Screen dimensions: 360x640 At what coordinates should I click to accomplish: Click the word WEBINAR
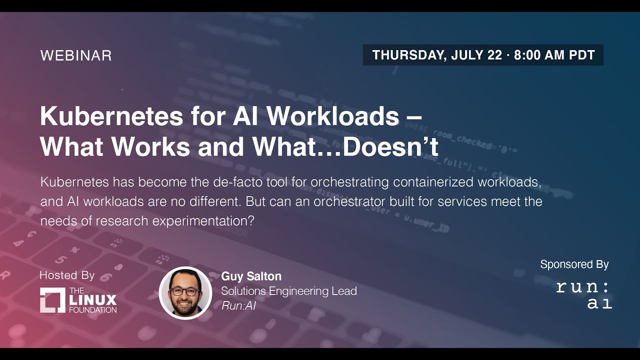76,55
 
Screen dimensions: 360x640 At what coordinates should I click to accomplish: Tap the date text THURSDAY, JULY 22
437,55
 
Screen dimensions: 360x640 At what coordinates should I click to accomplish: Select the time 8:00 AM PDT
554,55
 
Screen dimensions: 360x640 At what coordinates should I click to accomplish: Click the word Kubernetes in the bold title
111,116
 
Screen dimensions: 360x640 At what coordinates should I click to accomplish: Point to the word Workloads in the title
332,116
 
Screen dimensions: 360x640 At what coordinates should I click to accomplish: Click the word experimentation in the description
206,221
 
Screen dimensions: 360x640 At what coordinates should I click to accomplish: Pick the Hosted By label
67,275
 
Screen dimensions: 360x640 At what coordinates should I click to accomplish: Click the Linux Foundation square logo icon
52,300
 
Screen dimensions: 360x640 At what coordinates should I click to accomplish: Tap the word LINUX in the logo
93,300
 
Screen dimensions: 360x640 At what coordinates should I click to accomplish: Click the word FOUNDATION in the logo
93,309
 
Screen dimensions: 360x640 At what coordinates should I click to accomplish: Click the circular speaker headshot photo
185,293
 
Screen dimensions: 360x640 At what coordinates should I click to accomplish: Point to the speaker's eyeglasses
184,290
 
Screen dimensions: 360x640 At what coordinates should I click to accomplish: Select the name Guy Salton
251,276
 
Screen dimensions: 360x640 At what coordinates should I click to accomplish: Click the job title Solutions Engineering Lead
289,291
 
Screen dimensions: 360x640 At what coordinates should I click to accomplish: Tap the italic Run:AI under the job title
238,305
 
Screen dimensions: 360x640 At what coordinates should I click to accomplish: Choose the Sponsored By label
574,264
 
